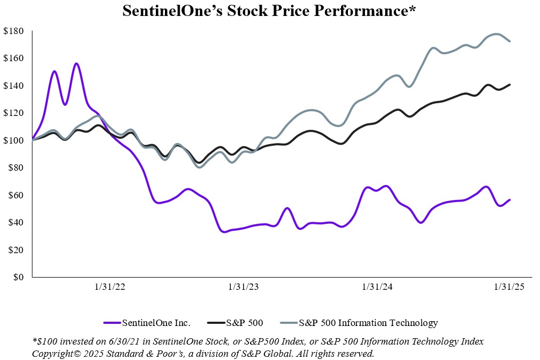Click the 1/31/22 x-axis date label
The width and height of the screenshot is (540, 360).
point(110,287)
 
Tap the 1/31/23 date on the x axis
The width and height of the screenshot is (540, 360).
point(244,287)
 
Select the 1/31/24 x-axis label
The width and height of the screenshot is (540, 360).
point(377,287)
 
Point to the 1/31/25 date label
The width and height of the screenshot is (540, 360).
point(510,287)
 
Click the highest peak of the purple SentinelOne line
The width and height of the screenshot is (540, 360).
point(77,64)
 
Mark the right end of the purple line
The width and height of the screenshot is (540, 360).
point(510,200)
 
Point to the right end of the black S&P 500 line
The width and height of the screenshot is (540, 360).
point(510,85)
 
